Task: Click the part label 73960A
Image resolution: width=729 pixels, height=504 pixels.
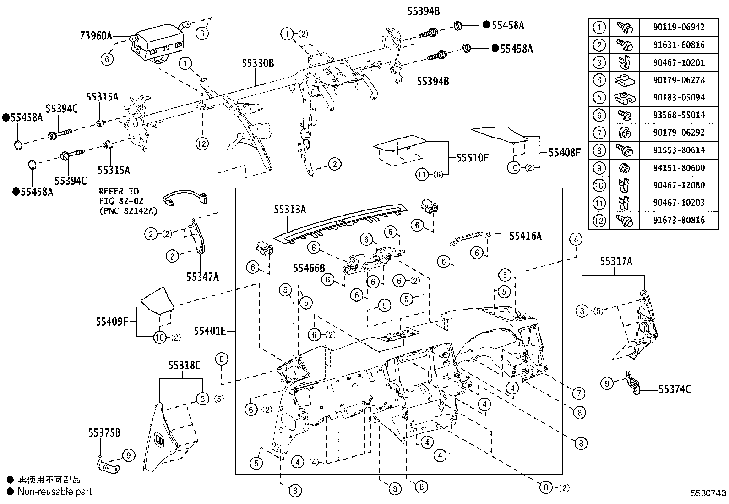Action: point(96,36)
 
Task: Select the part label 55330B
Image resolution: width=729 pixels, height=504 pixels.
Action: point(258,64)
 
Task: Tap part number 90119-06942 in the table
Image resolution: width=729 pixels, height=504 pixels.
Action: point(679,27)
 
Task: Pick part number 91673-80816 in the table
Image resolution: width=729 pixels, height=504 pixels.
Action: point(679,220)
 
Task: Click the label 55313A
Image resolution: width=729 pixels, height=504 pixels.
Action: point(289,210)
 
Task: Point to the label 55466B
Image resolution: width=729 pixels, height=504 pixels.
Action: point(309,267)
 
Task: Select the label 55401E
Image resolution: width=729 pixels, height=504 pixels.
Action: point(209,331)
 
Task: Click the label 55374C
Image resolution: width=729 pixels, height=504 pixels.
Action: point(675,389)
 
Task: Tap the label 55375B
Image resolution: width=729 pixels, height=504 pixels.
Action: point(104,432)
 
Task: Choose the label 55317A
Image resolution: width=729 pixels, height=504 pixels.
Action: point(616,261)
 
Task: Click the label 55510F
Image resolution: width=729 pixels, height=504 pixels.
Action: point(473,158)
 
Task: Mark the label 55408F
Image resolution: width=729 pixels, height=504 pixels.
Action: point(564,152)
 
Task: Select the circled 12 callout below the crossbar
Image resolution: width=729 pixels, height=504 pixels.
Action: point(202,144)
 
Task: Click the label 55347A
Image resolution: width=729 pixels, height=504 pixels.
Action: point(202,277)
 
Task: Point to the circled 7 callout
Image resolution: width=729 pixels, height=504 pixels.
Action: point(579,393)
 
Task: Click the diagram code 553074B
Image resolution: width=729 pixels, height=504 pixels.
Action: point(709,493)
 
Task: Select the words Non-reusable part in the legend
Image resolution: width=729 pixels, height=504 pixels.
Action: point(54,492)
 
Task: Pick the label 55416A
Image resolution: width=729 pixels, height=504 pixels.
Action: point(525,236)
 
